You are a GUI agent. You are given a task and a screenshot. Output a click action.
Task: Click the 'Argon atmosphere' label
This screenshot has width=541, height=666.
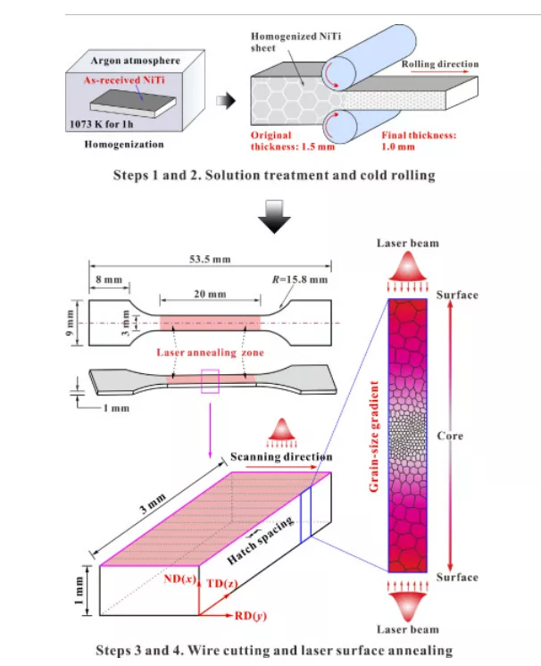135,62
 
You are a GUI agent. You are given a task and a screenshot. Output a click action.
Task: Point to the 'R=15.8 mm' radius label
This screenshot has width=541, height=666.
299,279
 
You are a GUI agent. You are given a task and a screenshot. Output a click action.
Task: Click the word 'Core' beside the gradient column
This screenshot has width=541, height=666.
452,437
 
